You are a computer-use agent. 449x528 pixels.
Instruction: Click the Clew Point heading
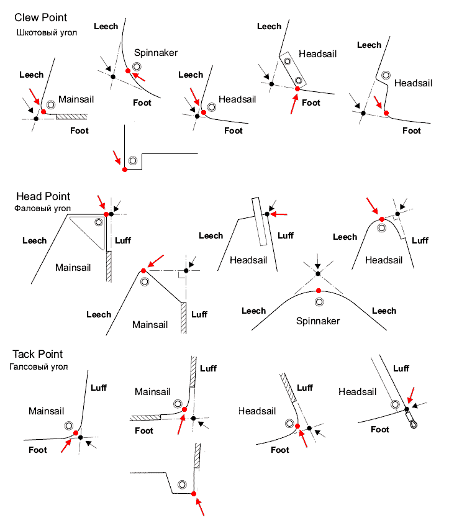point(40,17)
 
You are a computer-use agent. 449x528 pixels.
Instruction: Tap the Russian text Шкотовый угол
point(47,33)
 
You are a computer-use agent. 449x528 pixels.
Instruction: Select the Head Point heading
point(43,196)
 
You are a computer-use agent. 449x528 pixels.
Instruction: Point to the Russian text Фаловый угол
point(42,209)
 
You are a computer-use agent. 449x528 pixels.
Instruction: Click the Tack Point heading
point(38,354)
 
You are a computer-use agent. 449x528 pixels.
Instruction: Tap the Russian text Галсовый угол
point(39,366)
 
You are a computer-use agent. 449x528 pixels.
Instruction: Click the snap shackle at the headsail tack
point(412,419)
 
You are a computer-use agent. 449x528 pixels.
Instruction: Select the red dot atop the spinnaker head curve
point(319,291)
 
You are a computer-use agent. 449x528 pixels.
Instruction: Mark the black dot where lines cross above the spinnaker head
point(318,274)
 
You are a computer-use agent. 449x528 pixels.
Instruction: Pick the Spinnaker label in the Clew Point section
point(156,53)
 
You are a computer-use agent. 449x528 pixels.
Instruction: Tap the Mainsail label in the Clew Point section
point(76,99)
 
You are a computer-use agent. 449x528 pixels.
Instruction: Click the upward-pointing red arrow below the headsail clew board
point(294,104)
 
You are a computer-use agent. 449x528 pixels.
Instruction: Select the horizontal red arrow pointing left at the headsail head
point(279,214)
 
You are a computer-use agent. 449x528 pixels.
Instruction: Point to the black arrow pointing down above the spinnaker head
point(318,262)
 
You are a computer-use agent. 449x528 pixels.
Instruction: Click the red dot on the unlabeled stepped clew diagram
point(125,170)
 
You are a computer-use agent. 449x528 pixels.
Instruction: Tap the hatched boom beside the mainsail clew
point(71,117)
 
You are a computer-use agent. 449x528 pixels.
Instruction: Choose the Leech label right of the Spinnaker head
point(384,311)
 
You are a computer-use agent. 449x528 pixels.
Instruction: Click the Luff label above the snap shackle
point(401,368)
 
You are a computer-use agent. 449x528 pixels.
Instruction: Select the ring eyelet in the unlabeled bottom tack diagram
point(182,485)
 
